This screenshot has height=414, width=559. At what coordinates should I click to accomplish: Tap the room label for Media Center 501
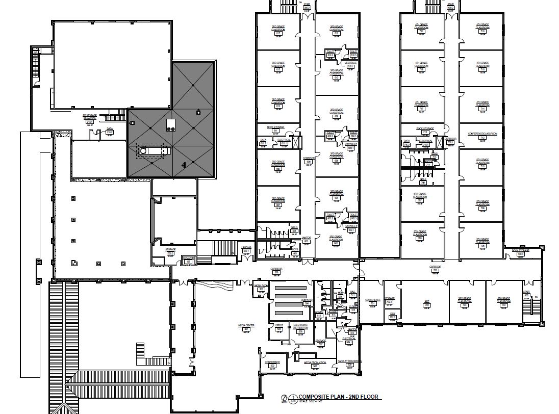click(x=246, y=327)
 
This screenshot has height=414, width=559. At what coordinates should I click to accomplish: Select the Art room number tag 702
click(x=426, y=304)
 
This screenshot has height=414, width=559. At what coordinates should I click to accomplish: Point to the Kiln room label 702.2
click(x=392, y=316)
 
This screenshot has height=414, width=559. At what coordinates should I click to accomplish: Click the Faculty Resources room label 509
click(x=349, y=363)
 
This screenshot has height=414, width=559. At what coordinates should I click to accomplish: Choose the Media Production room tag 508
click(x=315, y=365)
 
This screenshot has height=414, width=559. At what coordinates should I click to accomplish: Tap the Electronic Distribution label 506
click(x=300, y=329)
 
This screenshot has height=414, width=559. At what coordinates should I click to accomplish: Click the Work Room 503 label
click(x=261, y=288)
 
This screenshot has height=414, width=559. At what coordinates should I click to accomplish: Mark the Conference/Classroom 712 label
click(x=481, y=136)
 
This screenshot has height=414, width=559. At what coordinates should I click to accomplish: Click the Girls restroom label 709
click(x=423, y=181)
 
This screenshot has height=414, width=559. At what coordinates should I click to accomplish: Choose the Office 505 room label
click(x=278, y=327)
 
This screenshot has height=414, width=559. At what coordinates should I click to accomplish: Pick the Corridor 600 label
click(x=307, y=160)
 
